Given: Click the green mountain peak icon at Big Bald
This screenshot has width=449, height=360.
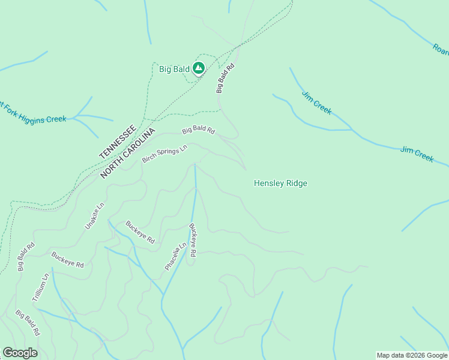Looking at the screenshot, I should pos(199,68).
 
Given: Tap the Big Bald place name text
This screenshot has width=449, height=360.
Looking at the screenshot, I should pos(174,69).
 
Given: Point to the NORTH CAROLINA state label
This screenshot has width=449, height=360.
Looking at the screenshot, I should pos(128,154).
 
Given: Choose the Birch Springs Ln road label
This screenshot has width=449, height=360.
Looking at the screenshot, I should pos(164,154).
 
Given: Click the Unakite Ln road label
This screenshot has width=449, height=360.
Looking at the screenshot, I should pos(94,215).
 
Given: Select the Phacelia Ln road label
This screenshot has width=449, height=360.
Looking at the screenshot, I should pos(175,256).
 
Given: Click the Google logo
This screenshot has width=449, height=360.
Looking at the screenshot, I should pos(20,353).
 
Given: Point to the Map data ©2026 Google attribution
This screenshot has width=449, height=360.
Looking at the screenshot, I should pos(412,355).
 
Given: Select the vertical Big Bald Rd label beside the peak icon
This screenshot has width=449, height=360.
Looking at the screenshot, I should pos(224,79).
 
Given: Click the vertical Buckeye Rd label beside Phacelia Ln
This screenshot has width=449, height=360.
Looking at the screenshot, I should pos(193,241).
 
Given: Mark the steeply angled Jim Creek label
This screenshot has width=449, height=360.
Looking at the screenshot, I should pos(316,103).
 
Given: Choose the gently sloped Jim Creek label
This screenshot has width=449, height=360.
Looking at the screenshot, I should pos(417,153).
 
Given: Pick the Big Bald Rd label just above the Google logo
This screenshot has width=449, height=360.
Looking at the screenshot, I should pos(28,323).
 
